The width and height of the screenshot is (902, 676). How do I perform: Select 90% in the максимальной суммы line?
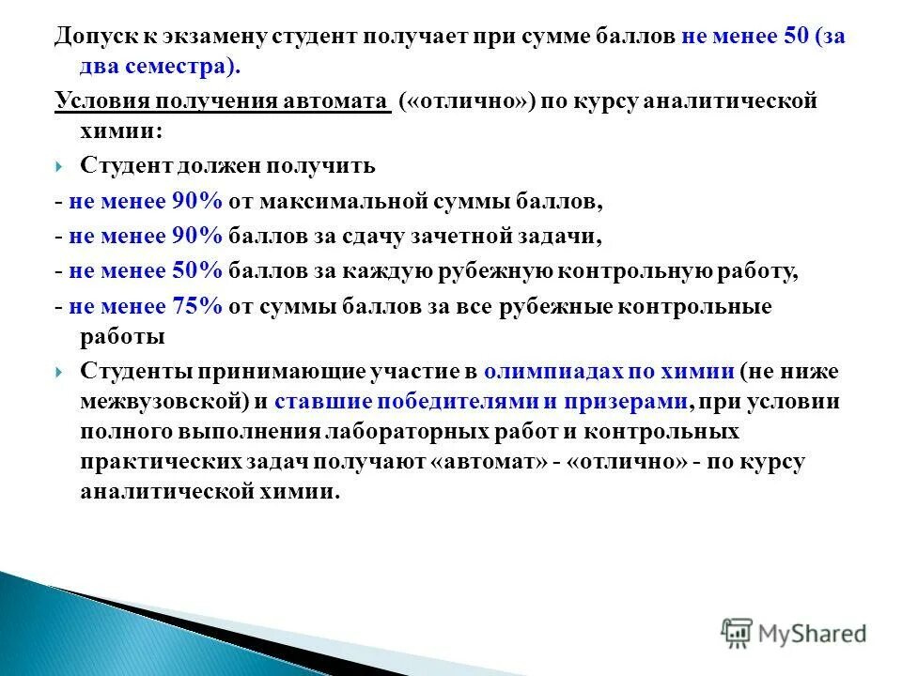(196, 201)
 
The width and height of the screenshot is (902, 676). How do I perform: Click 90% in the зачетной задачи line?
(196, 237)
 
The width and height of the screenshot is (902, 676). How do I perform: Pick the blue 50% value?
(196, 271)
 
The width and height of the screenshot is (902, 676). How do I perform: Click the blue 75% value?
(196, 306)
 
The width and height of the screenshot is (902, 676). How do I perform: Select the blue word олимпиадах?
(547, 371)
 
